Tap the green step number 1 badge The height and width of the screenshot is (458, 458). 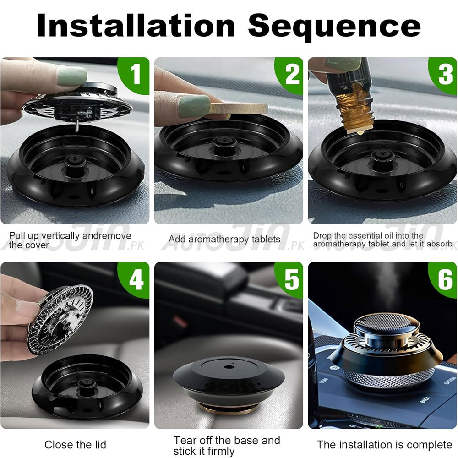(136, 75)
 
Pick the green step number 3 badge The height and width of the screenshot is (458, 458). (444, 75)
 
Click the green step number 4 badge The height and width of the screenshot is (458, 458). (136, 279)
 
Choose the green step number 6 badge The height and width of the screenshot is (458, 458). (444, 279)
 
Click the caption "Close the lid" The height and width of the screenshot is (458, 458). (75, 444)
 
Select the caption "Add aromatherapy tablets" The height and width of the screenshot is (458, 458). (224, 239)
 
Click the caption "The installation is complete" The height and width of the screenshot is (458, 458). (384, 444)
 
